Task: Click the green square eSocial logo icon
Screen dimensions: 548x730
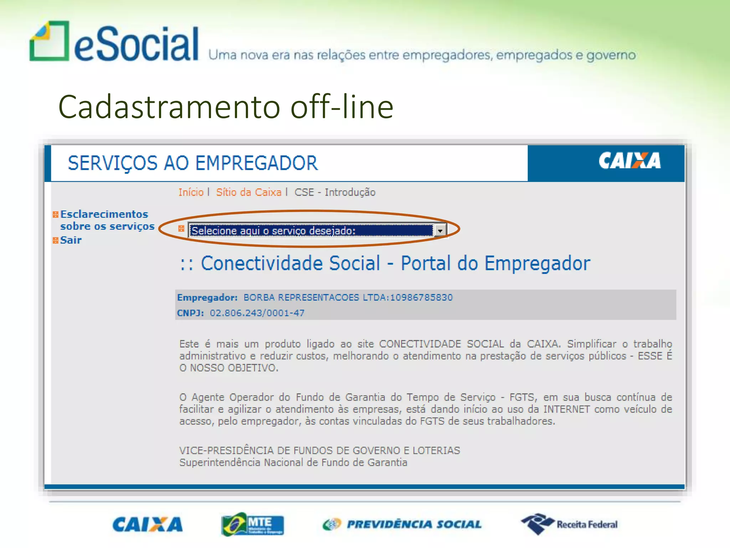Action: click(49, 41)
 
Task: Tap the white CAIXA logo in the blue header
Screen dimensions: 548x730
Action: click(629, 161)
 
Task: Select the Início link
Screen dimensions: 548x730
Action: click(191, 192)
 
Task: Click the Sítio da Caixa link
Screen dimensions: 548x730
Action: click(248, 192)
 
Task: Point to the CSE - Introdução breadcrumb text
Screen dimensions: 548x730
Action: click(335, 192)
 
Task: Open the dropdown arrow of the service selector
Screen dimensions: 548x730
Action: click(440, 230)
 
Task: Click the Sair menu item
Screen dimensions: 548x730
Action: click(71, 240)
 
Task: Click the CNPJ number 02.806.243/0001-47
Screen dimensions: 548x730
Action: click(257, 313)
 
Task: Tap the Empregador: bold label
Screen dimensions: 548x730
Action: click(207, 298)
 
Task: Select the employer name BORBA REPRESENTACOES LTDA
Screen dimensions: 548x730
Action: click(316, 298)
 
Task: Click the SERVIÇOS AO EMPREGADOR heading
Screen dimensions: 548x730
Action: click(192, 163)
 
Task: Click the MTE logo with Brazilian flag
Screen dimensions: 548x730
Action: click(252, 524)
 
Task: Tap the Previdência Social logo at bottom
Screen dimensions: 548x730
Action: click(402, 524)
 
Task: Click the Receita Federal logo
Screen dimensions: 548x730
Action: click(569, 524)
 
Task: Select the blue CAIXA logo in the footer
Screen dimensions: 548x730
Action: click(147, 524)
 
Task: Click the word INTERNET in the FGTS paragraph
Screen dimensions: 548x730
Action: click(566, 409)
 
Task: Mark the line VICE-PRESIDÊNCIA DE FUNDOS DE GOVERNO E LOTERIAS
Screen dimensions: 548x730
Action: click(319, 451)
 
